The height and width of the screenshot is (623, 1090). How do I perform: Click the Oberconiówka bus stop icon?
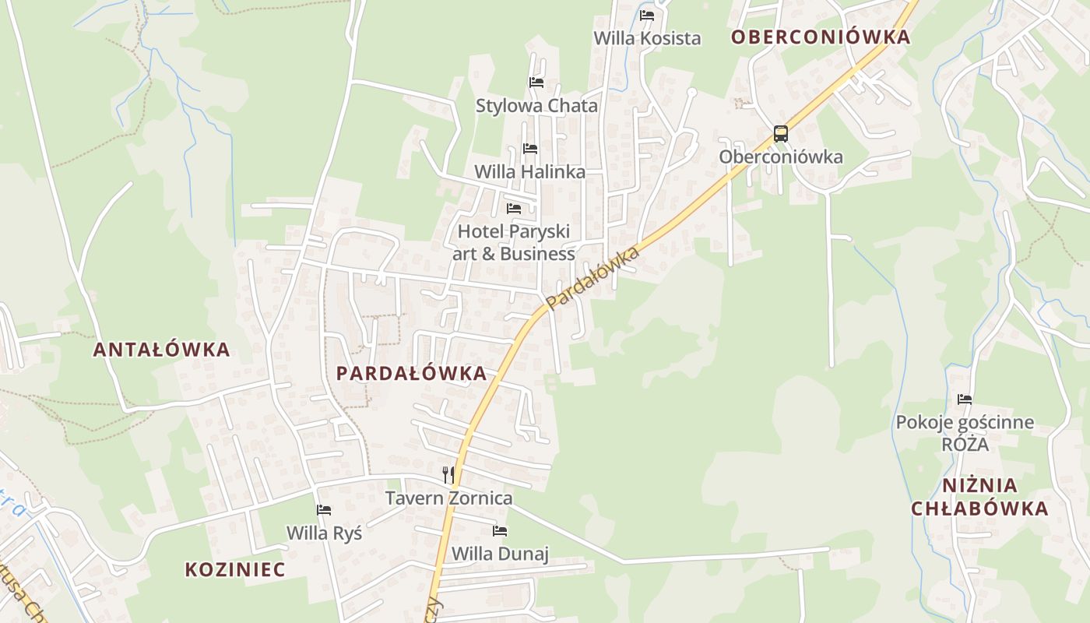coord(780,134)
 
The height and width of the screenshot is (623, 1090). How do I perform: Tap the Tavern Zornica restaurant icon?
coord(448,475)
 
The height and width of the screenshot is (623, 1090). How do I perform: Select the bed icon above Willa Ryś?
coord(324,510)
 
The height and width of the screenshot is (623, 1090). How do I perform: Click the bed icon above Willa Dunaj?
coord(500,531)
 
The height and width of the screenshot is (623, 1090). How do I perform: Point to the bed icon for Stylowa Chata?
coord(536,83)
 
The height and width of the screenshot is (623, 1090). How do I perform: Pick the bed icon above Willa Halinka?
coord(530,148)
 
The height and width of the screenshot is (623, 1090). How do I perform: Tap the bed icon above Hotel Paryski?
coord(514,209)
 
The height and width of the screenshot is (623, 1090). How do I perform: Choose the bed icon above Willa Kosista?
coord(647,16)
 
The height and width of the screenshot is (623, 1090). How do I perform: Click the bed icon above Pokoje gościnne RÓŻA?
coord(965,399)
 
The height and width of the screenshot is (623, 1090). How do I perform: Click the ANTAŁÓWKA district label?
coord(162,350)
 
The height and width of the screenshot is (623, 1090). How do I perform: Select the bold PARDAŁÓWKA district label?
coord(411,373)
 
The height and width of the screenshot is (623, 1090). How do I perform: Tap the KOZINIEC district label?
coord(235,569)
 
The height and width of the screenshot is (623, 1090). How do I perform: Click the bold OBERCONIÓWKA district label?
coord(821,37)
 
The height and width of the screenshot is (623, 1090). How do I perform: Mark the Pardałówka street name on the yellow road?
coord(593,278)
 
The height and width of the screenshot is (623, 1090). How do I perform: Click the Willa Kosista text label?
coord(647,38)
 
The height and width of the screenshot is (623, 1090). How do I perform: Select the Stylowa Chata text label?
coord(536,106)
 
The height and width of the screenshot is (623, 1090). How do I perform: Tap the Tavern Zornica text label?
coord(449,498)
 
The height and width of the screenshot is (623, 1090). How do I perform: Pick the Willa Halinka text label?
coord(529,171)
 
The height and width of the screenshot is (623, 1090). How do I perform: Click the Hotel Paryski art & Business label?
coord(514,242)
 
